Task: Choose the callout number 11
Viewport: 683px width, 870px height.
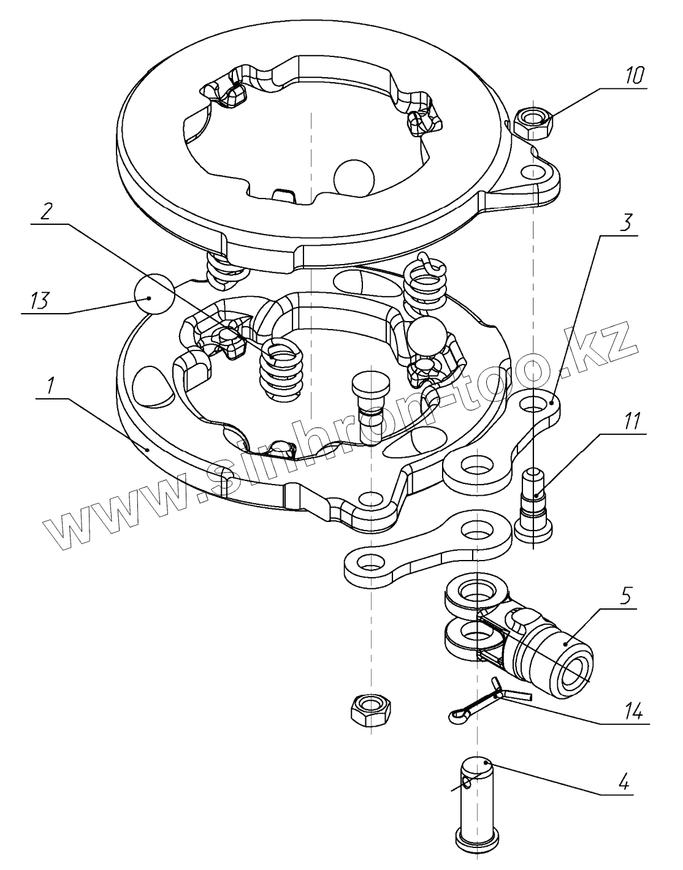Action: pyautogui.click(x=633, y=421)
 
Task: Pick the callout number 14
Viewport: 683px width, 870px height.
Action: pyautogui.click(x=633, y=712)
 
